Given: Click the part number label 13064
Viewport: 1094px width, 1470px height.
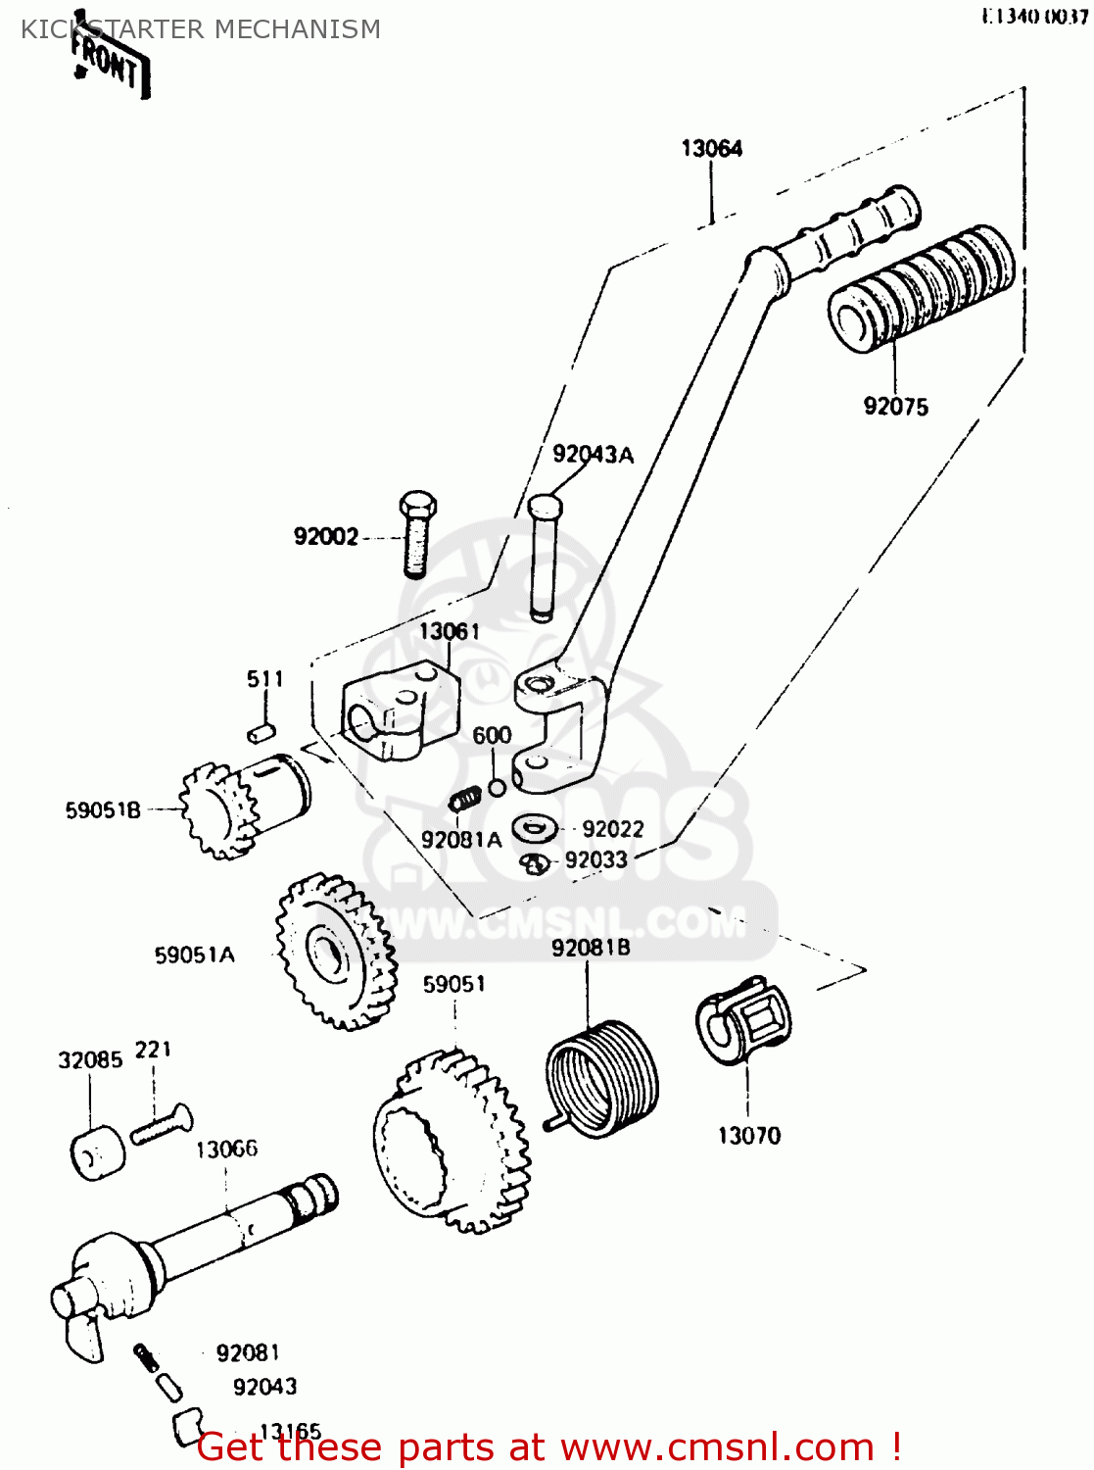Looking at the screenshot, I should click(712, 149).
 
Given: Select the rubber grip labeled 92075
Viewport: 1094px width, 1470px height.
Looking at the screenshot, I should click(921, 287).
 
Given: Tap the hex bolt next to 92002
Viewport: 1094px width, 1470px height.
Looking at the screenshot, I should click(416, 535).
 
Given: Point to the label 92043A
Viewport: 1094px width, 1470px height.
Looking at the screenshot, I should click(593, 455).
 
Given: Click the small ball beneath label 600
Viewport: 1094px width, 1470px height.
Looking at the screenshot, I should click(497, 787).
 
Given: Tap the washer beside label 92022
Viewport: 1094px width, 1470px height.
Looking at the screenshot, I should click(535, 829).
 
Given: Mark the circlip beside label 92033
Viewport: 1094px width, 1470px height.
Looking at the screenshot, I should click(534, 863).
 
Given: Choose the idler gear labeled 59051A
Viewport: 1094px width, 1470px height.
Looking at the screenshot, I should click(333, 952).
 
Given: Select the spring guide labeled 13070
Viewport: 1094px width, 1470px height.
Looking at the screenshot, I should click(744, 1019).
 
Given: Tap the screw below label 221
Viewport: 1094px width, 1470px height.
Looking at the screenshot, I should click(162, 1123).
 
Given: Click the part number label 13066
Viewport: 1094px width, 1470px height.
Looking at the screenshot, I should click(226, 1150).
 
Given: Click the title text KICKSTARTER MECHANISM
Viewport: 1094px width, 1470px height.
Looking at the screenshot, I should click(201, 29).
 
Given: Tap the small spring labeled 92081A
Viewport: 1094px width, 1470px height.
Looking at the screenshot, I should click(465, 800).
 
